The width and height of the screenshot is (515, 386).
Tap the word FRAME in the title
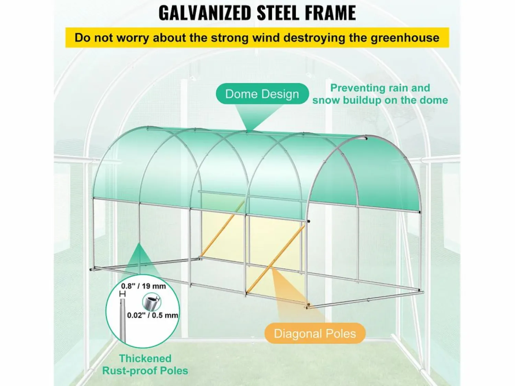pyautogui.click(x=329, y=13)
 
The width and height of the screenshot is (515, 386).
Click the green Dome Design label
pyautogui.click(x=262, y=94)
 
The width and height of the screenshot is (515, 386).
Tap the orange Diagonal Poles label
pyautogui.click(x=315, y=333)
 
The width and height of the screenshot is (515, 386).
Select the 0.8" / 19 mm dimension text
pyautogui.click(x=144, y=286)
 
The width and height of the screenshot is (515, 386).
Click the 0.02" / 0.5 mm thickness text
pyautogui.click(x=152, y=315)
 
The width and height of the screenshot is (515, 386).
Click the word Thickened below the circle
pyautogui.click(x=145, y=358)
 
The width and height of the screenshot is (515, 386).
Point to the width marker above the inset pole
pyautogui.click(x=123, y=294)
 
